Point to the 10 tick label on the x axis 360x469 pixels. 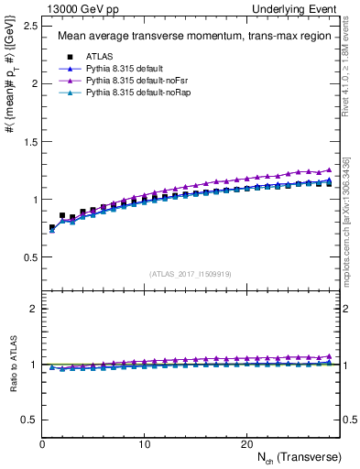point(145,443)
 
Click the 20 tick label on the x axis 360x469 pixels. point(245,443)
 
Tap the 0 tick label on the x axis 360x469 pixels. point(43,443)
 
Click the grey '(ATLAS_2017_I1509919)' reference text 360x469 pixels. point(190,273)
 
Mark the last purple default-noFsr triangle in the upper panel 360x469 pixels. point(329,170)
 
